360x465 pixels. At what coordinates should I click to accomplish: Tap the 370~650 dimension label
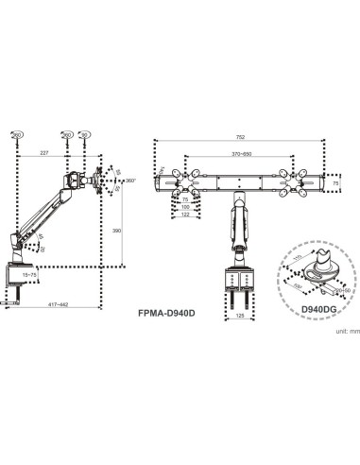click(241, 154)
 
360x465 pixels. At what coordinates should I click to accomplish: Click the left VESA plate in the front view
click(176, 180)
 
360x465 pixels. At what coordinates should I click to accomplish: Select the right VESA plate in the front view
click(301, 180)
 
